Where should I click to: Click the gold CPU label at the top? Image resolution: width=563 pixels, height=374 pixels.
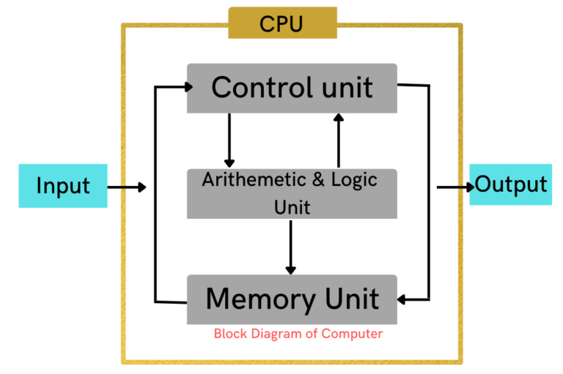coord(282,23)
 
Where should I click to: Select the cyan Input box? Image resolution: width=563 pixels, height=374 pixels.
coord(62,186)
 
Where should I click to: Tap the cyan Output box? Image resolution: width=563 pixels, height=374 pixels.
coord(511,184)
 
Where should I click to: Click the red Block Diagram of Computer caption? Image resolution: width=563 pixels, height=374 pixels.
coord(298,334)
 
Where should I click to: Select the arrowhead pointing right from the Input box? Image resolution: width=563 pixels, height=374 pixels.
coord(141,188)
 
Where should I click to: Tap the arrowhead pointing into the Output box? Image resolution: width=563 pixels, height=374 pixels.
coord(468,188)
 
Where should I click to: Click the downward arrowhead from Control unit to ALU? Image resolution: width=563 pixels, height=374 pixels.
coord(229,162)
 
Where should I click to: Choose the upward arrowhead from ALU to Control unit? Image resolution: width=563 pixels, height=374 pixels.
coord(338,118)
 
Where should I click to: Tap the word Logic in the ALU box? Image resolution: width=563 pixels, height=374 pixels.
coord(353,180)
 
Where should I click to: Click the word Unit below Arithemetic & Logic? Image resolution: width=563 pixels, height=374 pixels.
coord(292,207)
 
